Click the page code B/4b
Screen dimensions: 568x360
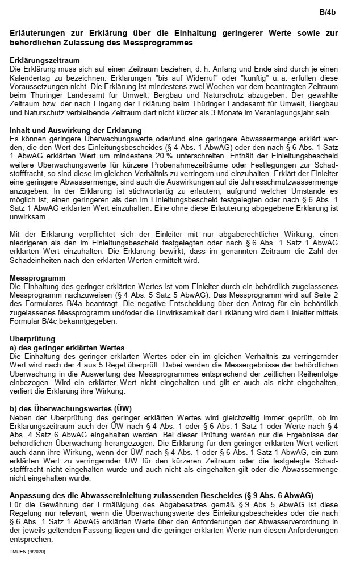click(328, 11)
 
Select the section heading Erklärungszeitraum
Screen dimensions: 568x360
click(45, 60)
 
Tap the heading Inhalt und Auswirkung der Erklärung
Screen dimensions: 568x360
click(76, 131)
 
